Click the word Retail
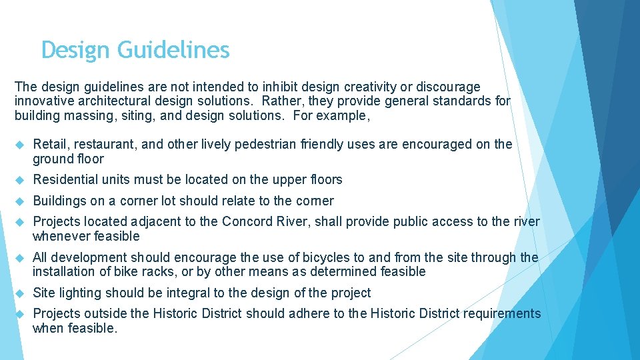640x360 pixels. [x=49, y=145]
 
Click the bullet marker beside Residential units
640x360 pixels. [x=19, y=180]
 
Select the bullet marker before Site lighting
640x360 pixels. [x=19, y=293]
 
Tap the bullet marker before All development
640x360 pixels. [x=19, y=257]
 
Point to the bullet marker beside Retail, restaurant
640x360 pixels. [x=19, y=145]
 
